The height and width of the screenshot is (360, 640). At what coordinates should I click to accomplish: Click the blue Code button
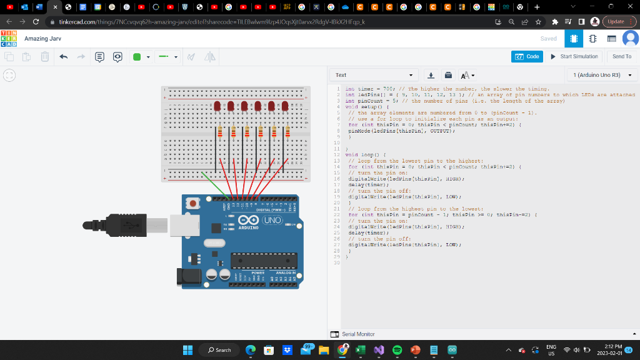click(527, 56)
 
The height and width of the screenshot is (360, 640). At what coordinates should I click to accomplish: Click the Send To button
click(621, 56)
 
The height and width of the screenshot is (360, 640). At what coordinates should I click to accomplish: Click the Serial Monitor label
click(358, 334)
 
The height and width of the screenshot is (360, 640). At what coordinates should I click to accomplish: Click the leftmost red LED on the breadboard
click(217, 106)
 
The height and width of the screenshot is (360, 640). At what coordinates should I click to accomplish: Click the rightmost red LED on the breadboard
click(286, 106)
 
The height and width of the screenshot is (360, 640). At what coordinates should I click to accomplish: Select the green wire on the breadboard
click(216, 185)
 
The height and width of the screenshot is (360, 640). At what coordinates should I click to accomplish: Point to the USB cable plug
click(125, 224)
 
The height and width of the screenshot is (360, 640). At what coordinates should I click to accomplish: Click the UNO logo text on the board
click(272, 221)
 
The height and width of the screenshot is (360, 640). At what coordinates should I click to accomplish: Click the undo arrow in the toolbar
click(63, 56)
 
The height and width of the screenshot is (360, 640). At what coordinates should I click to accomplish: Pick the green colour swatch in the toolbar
click(137, 57)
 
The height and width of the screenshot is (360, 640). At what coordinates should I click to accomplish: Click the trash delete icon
click(45, 56)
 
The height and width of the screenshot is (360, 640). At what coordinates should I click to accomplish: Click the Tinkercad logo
click(9, 39)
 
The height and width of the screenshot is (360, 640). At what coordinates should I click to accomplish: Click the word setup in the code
click(367, 107)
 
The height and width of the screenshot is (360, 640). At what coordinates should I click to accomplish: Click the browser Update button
click(616, 21)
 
